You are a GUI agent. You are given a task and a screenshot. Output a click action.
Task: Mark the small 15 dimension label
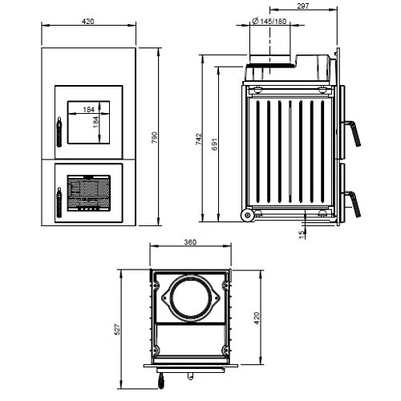point(302,233)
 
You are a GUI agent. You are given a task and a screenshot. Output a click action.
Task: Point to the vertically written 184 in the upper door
point(96,123)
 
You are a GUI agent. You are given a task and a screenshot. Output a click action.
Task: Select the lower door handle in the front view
point(58,200)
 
